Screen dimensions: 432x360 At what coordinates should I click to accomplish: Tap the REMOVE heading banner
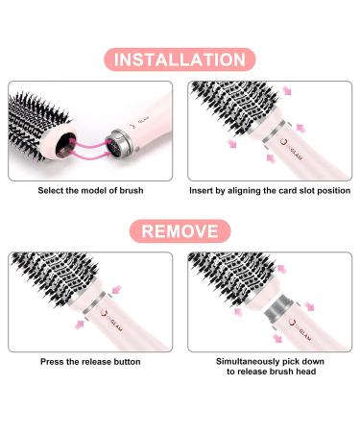[x=180, y=231]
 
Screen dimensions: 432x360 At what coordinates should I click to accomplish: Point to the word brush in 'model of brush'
[x=132, y=191]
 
